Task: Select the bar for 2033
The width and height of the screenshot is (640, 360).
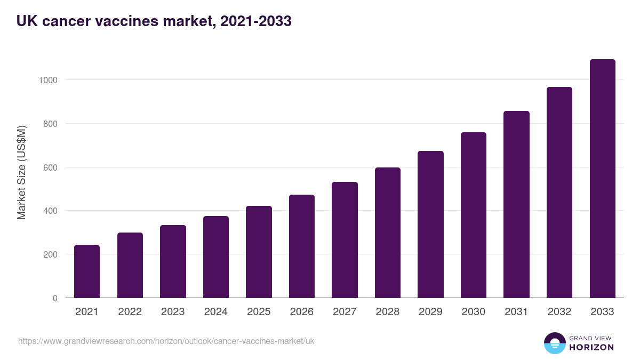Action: pos(602,179)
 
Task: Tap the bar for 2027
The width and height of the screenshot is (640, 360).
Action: pos(345,240)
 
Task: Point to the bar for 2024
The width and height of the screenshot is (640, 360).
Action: pos(216,257)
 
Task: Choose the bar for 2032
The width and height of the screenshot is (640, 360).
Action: pos(559,193)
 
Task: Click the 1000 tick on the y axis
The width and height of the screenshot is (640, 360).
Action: pos(48,80)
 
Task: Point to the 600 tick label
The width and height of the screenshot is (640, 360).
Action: pos(50,167)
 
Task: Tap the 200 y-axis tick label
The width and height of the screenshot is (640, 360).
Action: pos(50,254)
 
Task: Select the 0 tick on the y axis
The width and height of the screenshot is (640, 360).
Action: pos(55,298)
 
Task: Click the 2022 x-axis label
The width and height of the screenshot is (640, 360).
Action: pos(130,312)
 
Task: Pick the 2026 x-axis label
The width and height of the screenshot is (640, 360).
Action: pos(302,312)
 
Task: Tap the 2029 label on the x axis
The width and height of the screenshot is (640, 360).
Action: pos(430,312)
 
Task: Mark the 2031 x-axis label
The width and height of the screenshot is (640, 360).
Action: pos(516,312)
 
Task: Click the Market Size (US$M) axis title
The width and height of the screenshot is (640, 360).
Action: pos(21,172)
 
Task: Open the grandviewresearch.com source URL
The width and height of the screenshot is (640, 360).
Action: pos(166,341)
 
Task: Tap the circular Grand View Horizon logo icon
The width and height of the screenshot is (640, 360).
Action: pos(555,343)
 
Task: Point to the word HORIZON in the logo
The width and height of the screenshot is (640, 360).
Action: pos(591,347)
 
